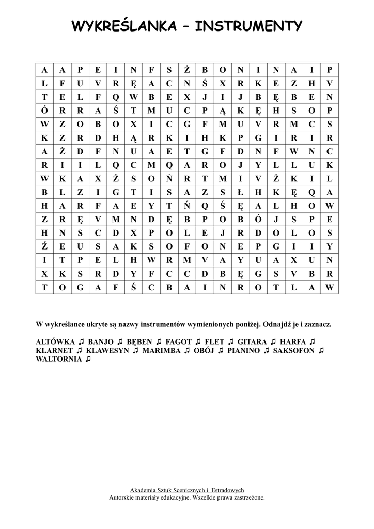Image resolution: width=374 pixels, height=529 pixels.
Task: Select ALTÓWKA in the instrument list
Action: tap(56, 341)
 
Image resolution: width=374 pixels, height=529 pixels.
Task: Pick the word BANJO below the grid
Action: tap(101, 341)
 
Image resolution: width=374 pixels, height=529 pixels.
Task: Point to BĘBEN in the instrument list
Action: tap(137, 341)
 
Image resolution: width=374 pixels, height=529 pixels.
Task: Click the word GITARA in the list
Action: tap(253, 341)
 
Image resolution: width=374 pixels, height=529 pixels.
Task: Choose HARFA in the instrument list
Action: tap(295, 341)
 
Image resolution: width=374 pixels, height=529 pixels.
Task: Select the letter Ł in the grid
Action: tap(240, 191)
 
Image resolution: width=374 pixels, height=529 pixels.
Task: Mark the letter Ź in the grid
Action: tap(44, 245)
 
